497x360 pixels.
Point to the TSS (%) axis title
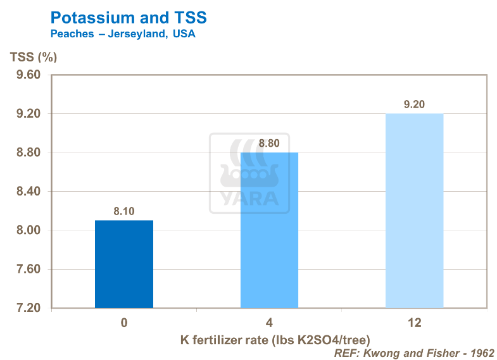34,57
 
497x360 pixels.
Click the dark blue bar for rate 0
124,264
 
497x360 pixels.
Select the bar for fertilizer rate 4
269,230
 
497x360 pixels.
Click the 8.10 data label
124,211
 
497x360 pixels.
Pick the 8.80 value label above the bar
269,143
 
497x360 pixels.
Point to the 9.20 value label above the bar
414,104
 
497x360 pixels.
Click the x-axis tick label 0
124,323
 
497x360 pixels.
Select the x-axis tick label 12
414,323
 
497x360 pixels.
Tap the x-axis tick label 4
269,323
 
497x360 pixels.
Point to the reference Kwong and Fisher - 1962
414,352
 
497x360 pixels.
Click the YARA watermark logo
249,173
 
